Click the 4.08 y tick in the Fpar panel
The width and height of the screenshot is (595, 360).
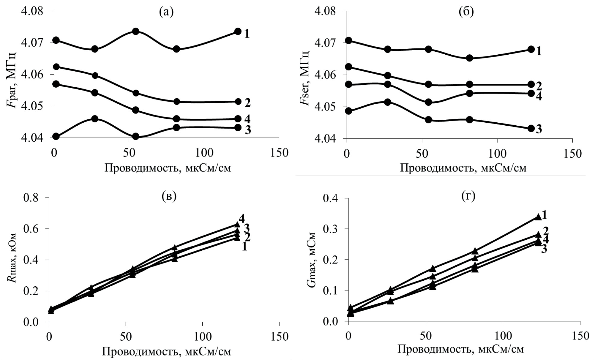[x=31, y=11]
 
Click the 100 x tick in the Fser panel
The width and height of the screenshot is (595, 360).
[x=497, y=154]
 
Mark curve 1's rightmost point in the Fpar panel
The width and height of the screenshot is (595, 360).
[x=238, y=31]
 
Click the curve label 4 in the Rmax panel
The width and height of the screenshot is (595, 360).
[x=242, y=219]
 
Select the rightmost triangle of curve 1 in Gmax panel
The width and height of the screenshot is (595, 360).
[x=538, y=217]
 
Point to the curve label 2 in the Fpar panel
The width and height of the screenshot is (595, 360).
[x=247, y=103]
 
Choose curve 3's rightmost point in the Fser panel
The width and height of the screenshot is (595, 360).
[x=531, y=129]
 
